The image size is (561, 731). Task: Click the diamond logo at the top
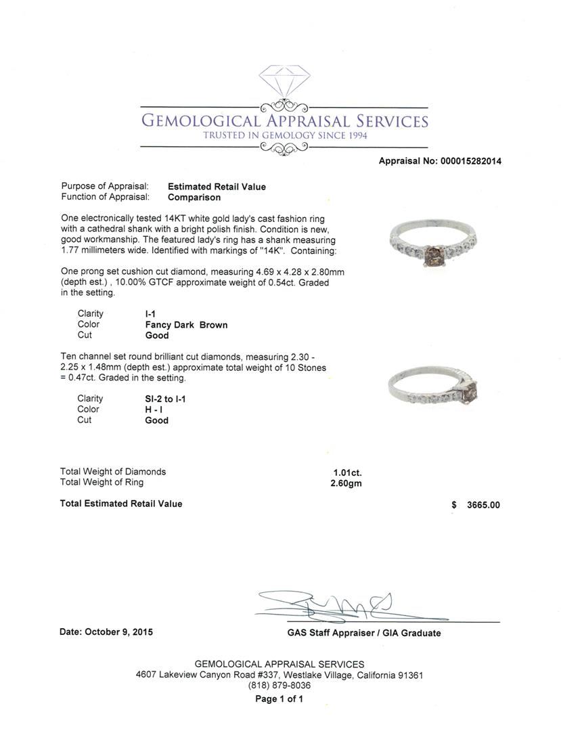click(x=284, y=83)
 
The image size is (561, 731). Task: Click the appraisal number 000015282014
click(x=470, y=161)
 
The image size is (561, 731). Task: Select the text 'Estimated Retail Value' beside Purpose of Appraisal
click(x=217, y=187)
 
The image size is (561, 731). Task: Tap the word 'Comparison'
click(x=194, y=198)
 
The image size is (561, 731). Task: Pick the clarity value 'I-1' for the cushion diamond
click(x=151, y=314)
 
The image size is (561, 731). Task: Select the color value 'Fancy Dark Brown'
click(x=186, y=325)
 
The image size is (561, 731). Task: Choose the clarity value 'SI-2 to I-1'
click(x=165, y=399)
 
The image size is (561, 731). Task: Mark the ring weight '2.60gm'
click(x=344, y=483)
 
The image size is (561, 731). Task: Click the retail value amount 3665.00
click(x=483, y=505)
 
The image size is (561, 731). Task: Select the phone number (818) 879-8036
click(x=279, y=686)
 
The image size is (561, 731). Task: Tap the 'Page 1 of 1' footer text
click(x=279, y=699)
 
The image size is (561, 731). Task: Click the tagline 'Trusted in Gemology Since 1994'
click(x=284, y=135)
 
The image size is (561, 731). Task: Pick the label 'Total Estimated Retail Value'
click(x=121, y=504)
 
